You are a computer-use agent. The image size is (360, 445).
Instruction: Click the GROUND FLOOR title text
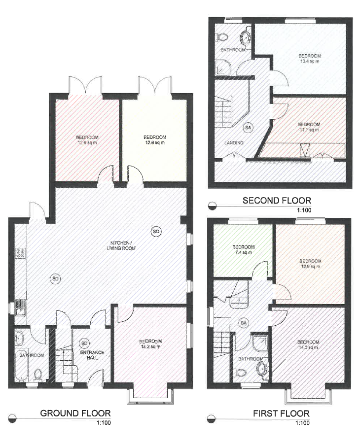(x=75, y=413)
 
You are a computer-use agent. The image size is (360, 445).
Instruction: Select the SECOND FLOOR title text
(x=277, y=200)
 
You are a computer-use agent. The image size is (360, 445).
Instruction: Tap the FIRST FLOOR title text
(x=281, y=413)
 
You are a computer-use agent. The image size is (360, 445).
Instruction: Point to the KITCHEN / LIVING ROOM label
(x=121, y=245)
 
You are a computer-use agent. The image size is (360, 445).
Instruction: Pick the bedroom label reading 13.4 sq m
(x=310, y=58)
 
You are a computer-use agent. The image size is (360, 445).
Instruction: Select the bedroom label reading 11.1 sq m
(x=309, y=127)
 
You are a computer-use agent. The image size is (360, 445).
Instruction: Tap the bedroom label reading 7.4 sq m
(x=243, y=249)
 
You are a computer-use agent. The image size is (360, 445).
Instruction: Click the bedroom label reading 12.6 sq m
(x=87, y=140)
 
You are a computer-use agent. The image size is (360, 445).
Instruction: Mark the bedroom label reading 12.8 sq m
(x=154, y=140)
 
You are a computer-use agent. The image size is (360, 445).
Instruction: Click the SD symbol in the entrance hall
(x=84, y=343)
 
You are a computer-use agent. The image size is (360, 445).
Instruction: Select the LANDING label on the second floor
(x=234, y=143)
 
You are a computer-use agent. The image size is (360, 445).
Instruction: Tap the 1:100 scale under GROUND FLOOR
(x=103, y=422)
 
